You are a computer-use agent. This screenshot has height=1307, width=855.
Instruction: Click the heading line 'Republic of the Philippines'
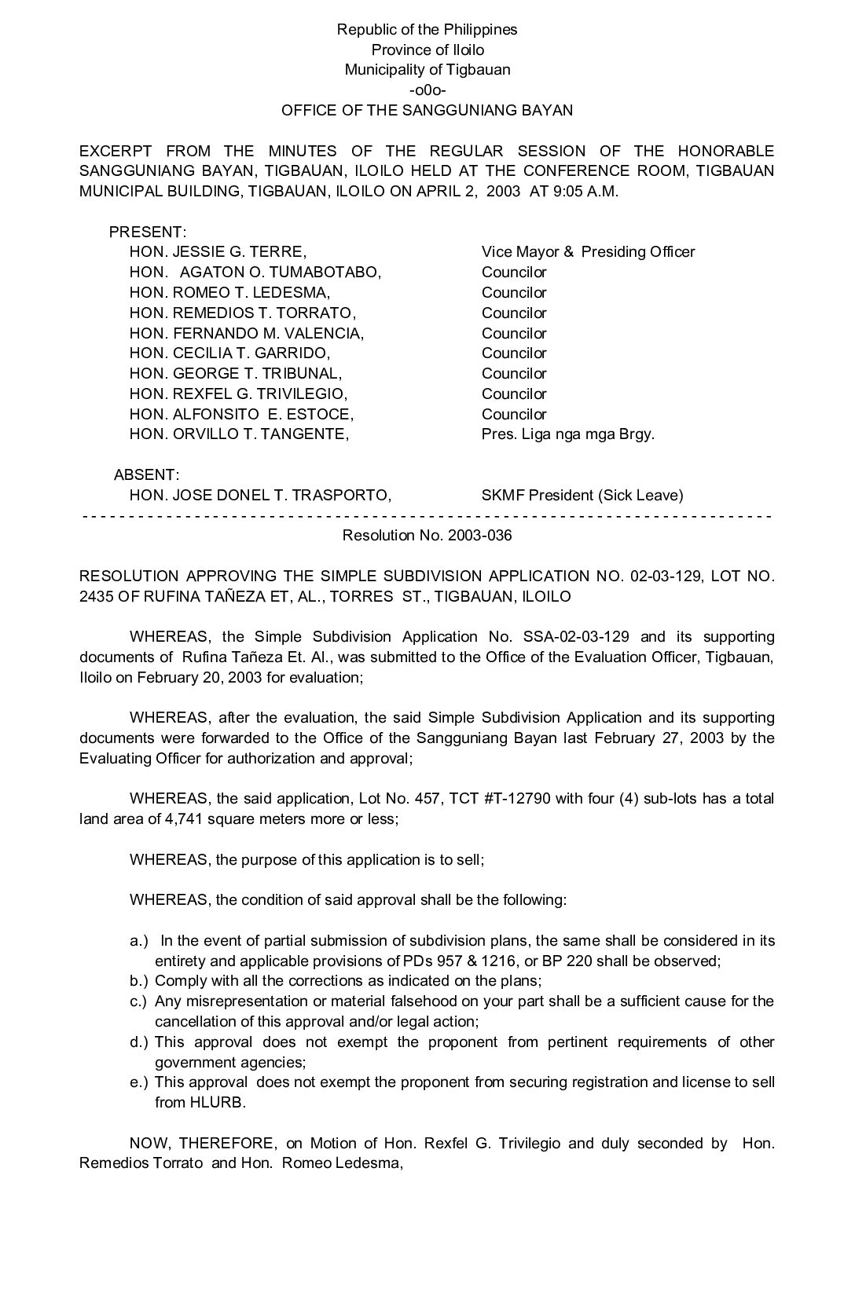tap(427, 30)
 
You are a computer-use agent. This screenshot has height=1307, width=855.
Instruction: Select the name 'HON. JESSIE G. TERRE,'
tap(218, 252)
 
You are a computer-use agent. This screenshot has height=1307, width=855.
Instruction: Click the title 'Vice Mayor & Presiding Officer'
tap(588, 252)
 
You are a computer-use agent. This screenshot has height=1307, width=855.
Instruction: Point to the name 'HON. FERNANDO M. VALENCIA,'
tap(247, 333)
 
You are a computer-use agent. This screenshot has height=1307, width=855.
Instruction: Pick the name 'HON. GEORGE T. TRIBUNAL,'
tap(236, 374)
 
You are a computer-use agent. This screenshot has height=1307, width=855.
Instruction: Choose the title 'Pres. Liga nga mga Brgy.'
tap(567, 434)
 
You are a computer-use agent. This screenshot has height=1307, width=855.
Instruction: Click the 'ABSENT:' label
tap(146, 475)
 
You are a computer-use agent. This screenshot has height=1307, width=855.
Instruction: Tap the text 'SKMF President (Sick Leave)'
tap(582, 496)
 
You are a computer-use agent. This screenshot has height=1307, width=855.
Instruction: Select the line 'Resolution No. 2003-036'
tap(427, 536)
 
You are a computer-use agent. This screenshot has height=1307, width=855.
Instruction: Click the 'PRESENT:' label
tap(148, 232)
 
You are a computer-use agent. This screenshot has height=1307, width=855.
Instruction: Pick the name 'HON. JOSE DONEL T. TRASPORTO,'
tap(260, 496)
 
